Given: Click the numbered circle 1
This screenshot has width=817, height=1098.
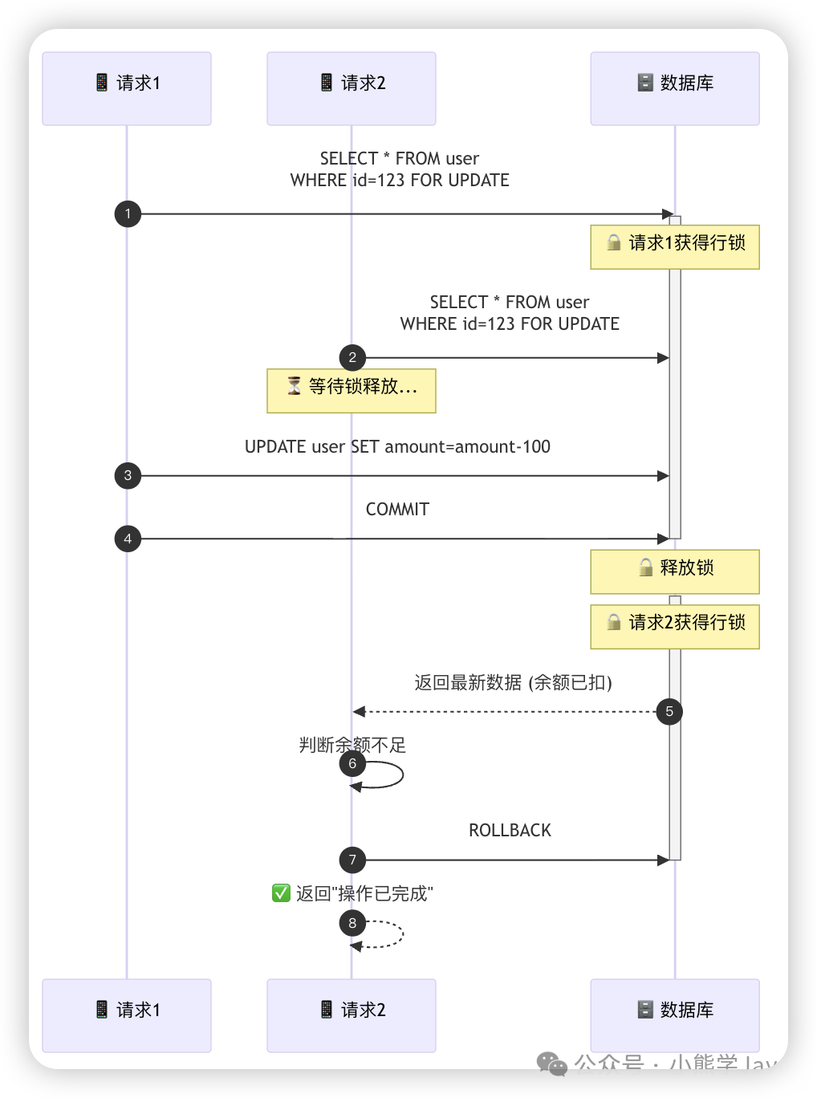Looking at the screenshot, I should point(128,214).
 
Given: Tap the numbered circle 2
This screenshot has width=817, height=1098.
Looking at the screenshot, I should point(352,358).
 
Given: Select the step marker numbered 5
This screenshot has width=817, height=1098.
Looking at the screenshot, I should point(669,711).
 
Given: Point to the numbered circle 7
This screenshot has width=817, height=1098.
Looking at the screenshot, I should point(352,860).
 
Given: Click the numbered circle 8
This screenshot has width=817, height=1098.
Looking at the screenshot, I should point(352,923).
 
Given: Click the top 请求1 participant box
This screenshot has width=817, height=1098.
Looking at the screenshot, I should point(127,88).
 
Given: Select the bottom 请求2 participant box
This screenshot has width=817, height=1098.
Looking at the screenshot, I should point(352,1015).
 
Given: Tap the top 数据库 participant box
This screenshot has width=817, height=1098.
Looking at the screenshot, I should point(675,88).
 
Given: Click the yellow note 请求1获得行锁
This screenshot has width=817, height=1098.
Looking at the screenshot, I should point(675,246).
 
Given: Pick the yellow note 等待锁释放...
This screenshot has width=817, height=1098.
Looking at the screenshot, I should point(352,391).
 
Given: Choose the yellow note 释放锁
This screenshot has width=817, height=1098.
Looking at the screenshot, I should point(675,571).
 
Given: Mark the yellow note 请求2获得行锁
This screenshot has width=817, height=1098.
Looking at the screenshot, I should point(675,626).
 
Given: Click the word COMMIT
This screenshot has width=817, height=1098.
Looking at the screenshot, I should point(397,510).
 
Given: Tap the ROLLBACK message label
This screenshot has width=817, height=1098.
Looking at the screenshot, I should point(510,831).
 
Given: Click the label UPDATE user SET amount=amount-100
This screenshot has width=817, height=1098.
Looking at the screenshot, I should point(397,447).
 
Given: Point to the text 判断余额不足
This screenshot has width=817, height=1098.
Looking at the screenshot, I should point(352,746).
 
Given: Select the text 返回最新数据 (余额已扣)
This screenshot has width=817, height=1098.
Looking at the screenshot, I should point(513,683).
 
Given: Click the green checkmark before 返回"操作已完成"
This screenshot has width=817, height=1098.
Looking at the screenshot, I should point(281,893).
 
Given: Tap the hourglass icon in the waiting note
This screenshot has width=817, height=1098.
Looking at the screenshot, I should point(295,386).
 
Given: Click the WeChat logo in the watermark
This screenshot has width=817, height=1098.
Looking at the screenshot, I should point(552,1064).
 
